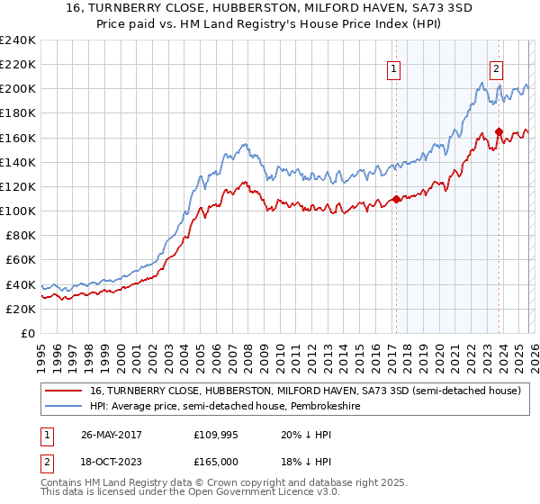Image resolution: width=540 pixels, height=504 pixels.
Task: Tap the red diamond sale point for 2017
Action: (x=396, y=199)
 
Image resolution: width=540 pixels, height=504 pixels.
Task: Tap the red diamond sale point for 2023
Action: (x=498, y=132)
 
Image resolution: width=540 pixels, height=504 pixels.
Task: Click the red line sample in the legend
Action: (x=65, y=391)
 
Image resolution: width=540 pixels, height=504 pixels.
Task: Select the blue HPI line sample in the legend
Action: (x=65, y=407)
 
